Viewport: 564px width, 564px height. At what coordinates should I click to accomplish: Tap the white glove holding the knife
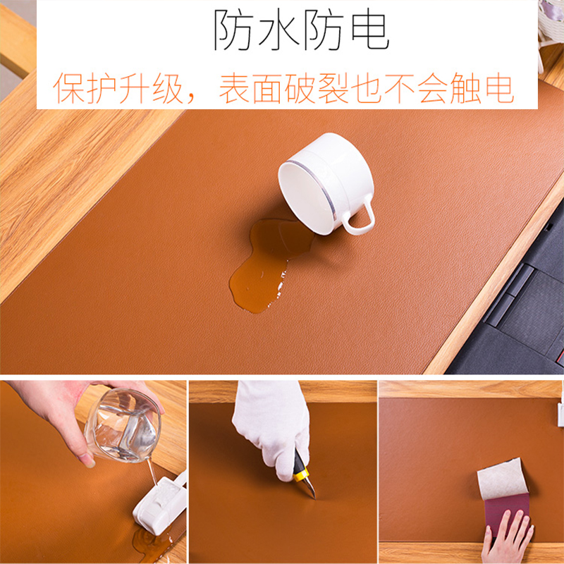click(271, 423)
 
